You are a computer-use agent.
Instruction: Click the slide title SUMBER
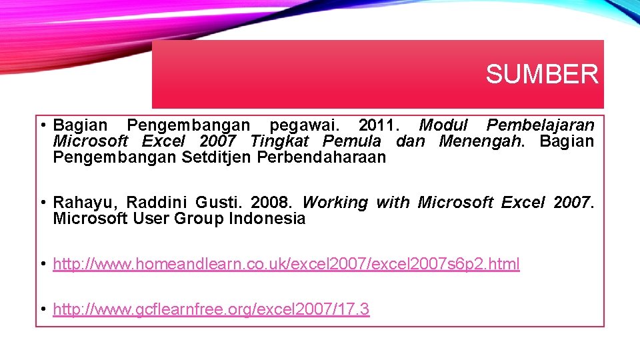[x=541, y=74]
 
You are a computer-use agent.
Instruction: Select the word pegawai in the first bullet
[x=304, y=125]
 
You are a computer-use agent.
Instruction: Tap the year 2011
[x=376, y=125]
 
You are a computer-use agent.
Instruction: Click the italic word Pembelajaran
[x=541, y=125]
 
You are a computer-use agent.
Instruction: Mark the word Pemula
[x=352, y=141]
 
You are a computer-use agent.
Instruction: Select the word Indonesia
[x=267, y=219]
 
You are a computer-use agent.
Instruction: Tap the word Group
[x=199, y=219]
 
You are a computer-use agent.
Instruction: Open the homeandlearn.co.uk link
[x=286, y=265]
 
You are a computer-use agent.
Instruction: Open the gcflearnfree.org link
[x=211, y=310]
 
